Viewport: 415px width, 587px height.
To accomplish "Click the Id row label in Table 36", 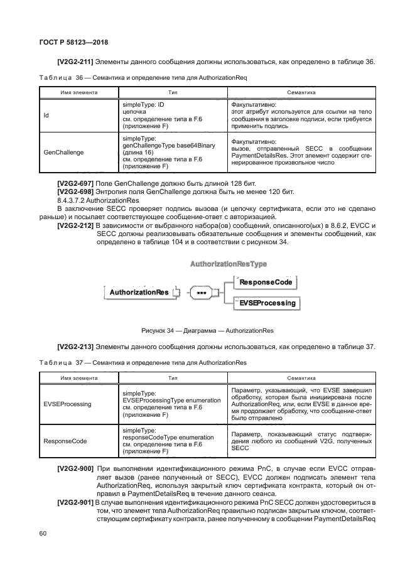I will point(46,116).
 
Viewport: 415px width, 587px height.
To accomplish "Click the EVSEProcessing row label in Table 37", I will point(67,404).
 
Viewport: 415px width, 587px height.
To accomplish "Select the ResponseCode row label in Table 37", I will point(65,441).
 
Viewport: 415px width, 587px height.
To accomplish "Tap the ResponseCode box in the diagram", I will point(266,283).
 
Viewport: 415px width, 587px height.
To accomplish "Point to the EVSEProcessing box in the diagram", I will point(266,303).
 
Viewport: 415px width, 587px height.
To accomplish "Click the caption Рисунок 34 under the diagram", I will point(207,330).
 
